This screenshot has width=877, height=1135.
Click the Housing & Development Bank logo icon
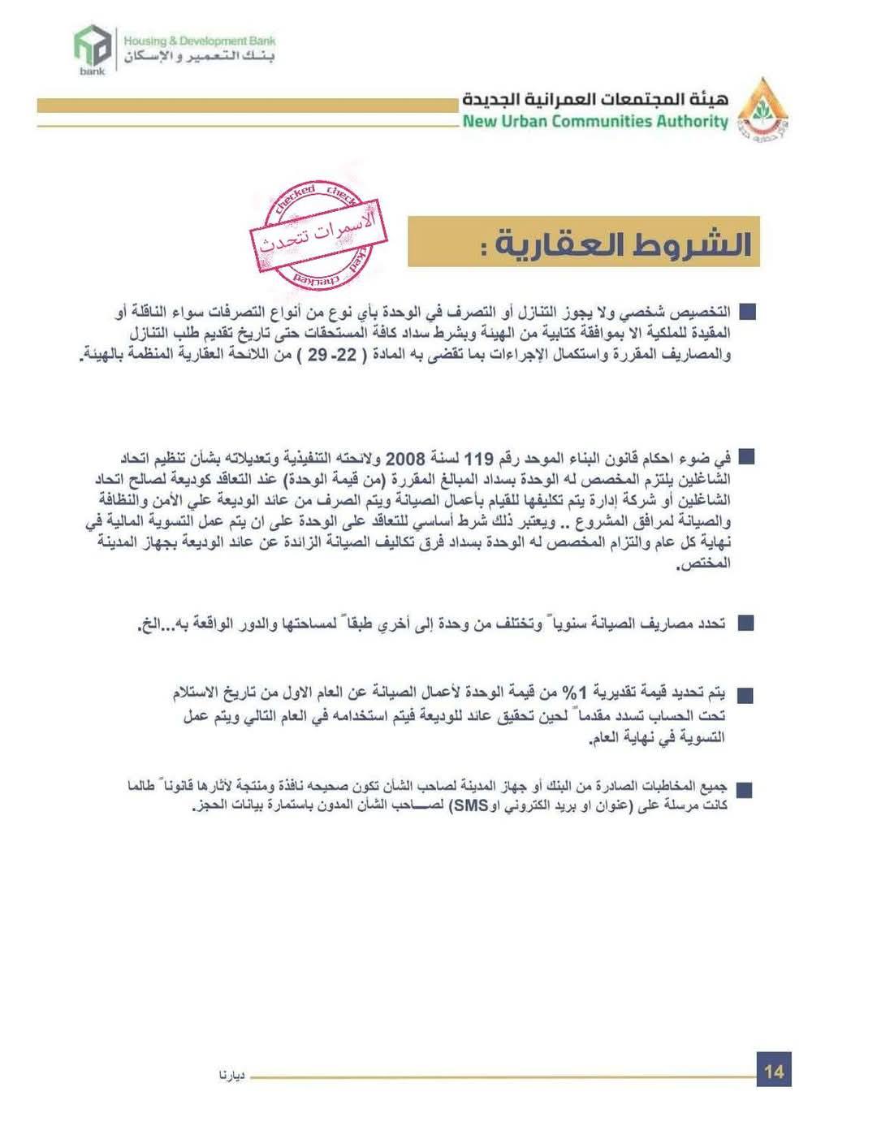(x=92, y=48)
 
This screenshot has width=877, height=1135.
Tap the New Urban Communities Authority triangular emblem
(x=763, y=108)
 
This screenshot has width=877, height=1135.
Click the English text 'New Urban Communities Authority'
(x=595, y=122)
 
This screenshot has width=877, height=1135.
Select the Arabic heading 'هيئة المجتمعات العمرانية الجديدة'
(x=595, y=99)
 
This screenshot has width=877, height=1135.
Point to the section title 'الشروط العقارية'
(x=616, y=244)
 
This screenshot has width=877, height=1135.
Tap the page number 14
(x=773, y=1071)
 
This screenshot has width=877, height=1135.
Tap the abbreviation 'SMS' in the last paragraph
(x=470, y=805)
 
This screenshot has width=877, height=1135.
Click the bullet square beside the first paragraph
(x=748, y=312)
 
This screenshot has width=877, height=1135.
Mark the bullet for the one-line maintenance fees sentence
(x=745, y=624)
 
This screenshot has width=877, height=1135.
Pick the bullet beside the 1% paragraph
(x=745, y=694)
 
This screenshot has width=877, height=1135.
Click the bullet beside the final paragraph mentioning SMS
(x=744, y=788)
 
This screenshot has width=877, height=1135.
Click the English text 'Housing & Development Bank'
(x=199, y=41)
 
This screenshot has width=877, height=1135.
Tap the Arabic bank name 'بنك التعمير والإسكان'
(x=199, y=58)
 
